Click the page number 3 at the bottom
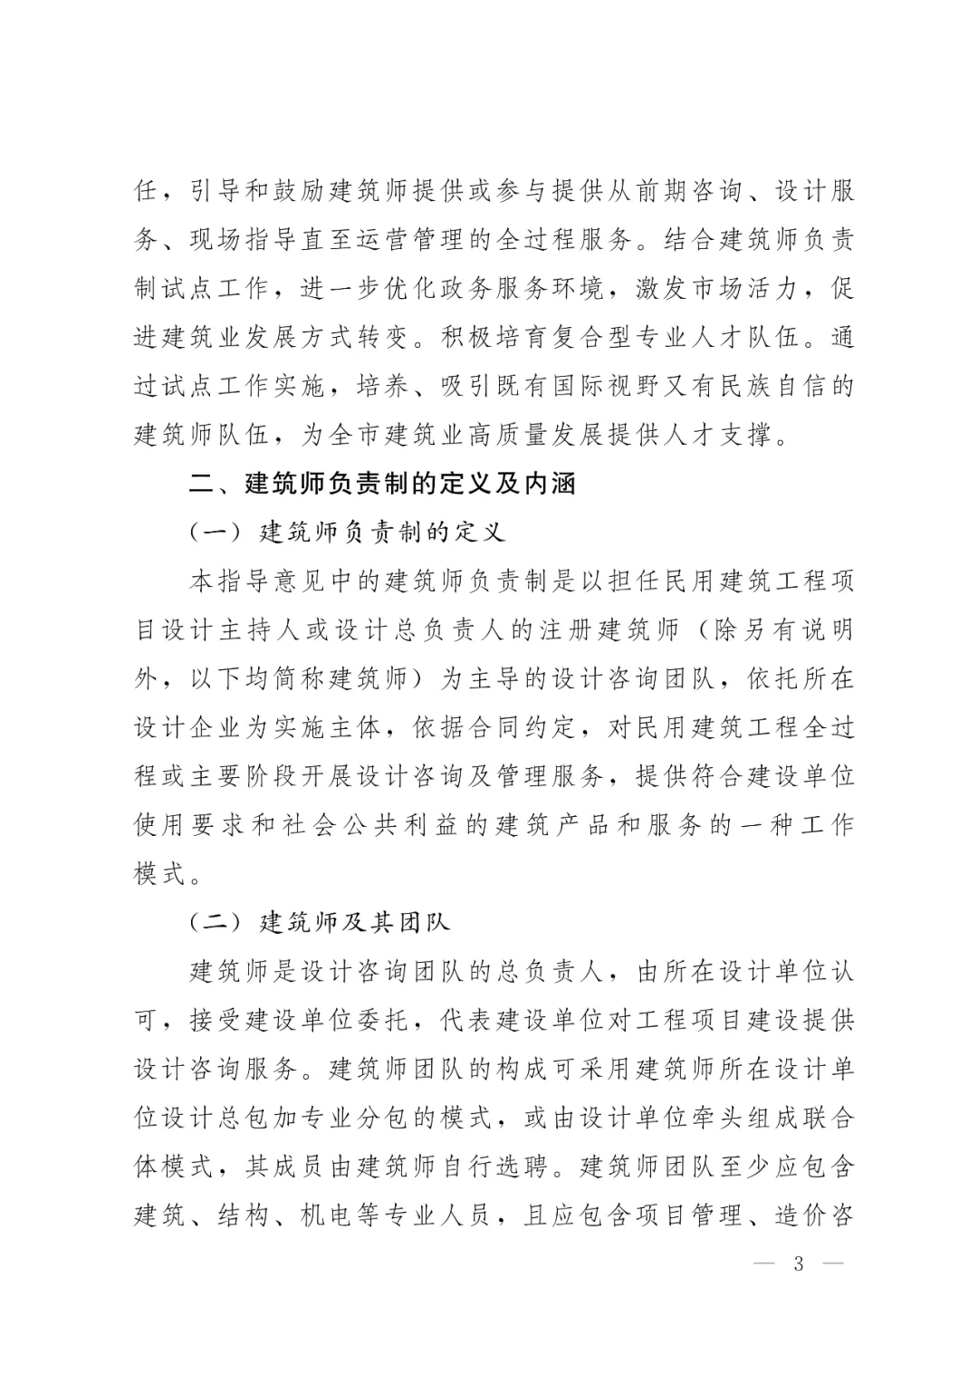tap(798, 1264)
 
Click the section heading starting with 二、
tap(381, 484)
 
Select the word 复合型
tap(616, 338)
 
